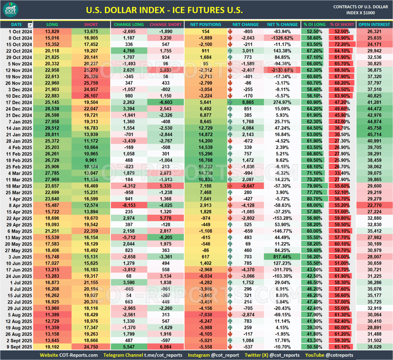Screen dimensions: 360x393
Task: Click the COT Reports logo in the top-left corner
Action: [13, 10]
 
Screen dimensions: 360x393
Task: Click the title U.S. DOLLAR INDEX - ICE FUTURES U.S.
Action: [164, 10]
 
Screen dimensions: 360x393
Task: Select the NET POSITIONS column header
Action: [205, 25]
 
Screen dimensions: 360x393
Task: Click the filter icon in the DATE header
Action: [30, 25]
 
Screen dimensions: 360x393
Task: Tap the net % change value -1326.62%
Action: [282, 38]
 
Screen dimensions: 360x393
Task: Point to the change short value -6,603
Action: [166, 102]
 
